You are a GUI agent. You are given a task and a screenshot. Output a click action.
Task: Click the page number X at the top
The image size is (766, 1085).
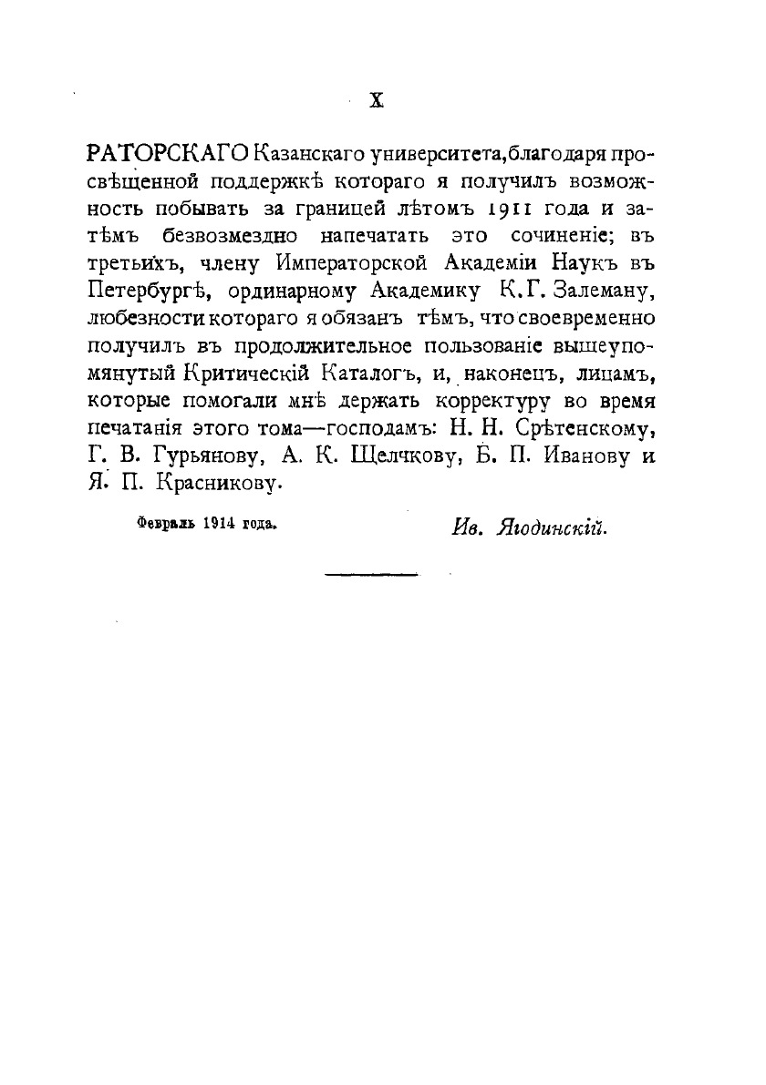pyautogui.click(x=376, y=102)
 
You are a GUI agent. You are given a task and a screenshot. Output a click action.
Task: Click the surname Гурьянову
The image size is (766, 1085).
pyautogui.click(x=210, y=457)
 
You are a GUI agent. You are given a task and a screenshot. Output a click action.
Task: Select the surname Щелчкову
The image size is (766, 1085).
pyautogui.click(x=406, y=457)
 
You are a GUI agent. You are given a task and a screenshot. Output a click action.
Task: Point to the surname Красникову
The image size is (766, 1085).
pyautogui.click(x=216, y=486)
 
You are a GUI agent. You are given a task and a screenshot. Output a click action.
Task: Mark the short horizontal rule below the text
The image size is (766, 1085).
pyautogui.click(x=371, y=575)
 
